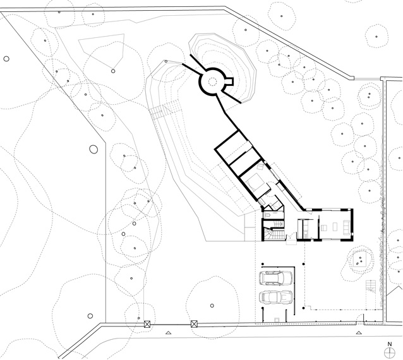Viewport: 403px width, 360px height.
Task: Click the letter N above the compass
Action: click(x=390, y=344)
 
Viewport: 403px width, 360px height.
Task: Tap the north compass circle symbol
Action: click(x=390, y=352)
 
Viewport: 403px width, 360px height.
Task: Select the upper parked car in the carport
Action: click(x=276, y=278)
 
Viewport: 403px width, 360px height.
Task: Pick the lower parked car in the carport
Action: click(x=276, y=297)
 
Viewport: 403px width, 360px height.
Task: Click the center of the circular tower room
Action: click(x=212, y=81)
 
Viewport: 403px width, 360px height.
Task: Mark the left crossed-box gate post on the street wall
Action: click(x=147, y=324)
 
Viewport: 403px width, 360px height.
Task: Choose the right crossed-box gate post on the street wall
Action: click(x=194, y=324)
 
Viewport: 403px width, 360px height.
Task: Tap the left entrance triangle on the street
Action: click(x=168, y=333)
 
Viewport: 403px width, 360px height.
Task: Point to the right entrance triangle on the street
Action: click(x=359, y=333)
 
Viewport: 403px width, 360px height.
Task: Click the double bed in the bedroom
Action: click(x=255, y=184)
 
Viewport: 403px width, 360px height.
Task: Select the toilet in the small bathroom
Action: click(x=268, y=214)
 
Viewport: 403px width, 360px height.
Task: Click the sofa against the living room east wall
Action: click(x=347, y=227)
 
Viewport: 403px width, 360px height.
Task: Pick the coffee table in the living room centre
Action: click(x=335, y=227)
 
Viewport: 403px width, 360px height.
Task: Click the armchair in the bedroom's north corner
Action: click(x=261, y=167)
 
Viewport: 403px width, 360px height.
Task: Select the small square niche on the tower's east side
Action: click(x=229, y=81)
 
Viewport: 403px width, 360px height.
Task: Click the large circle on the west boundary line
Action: click(x=93, y=149)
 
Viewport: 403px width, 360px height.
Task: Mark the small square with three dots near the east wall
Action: click(x=359, y=259)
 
